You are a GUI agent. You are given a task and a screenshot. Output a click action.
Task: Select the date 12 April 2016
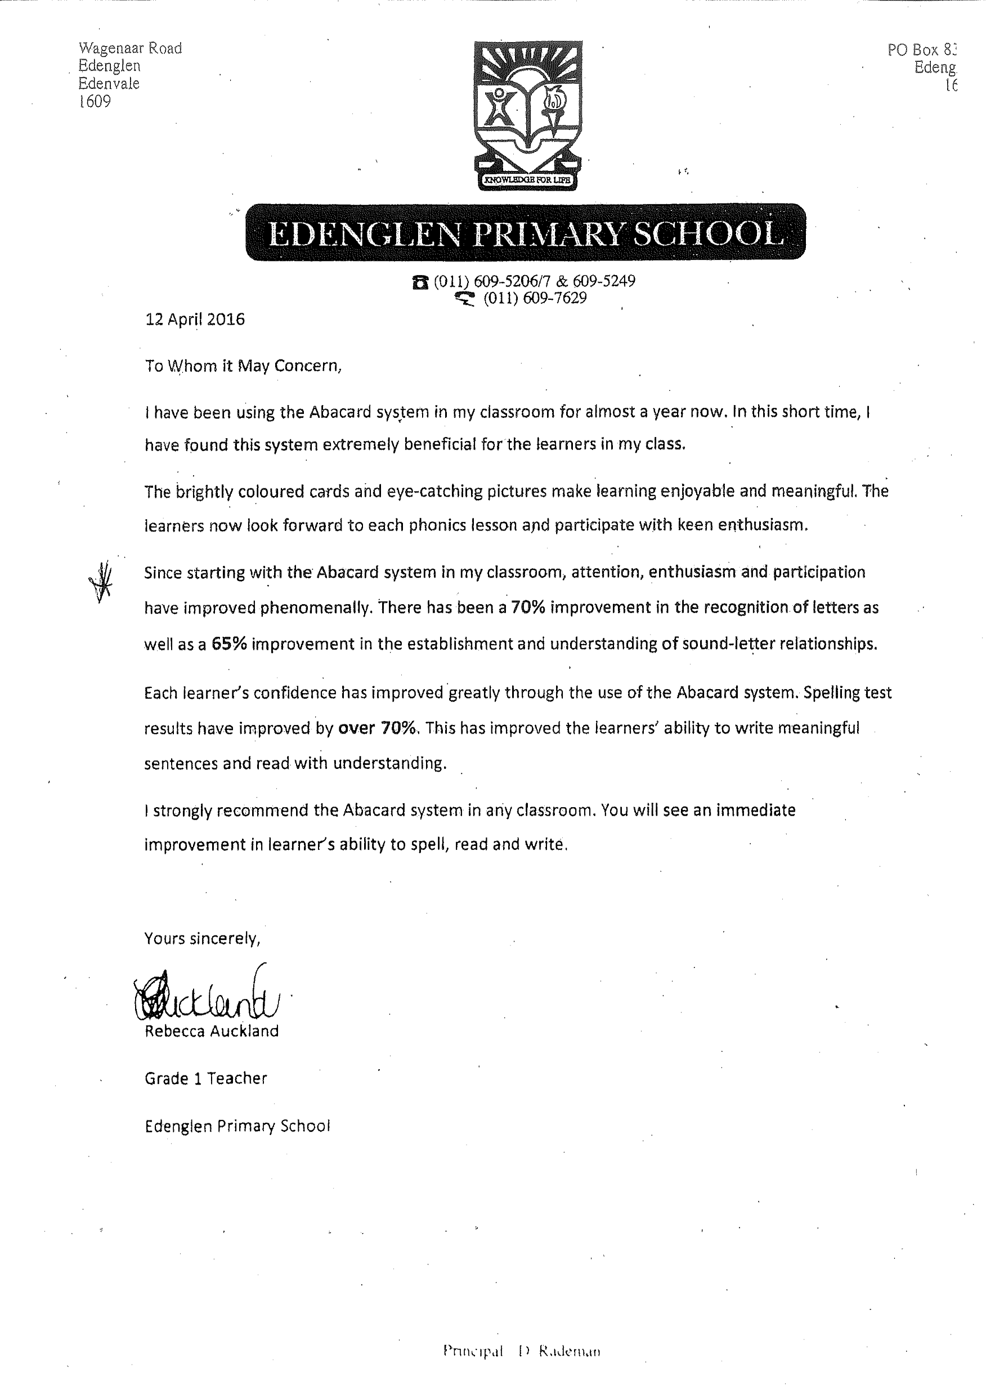195,319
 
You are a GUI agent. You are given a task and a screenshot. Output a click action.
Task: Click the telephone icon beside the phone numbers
420,282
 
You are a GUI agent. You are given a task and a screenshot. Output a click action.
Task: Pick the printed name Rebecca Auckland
212,1031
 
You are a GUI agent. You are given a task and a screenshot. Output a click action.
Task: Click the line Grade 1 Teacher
205,1078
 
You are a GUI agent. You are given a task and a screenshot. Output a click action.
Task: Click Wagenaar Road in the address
130,48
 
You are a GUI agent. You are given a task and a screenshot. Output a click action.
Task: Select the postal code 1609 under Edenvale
95,101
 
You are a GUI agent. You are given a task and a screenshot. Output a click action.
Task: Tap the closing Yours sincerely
203,939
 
